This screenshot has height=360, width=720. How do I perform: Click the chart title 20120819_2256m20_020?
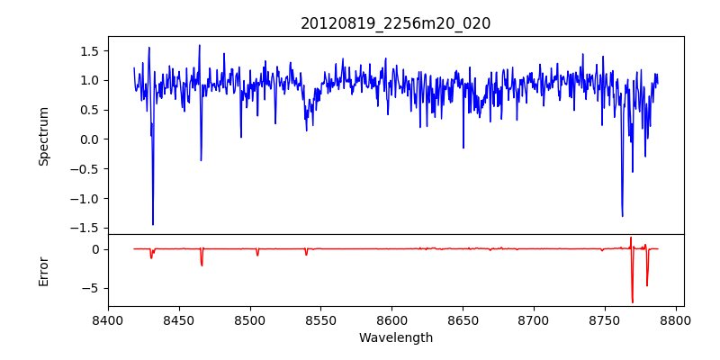(396, 23)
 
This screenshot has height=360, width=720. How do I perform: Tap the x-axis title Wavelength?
(396, 337)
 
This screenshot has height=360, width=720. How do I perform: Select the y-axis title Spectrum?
(43, 136)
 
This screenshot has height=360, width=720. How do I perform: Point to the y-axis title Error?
(43, 271)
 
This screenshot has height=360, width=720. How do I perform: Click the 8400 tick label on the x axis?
(108, 319)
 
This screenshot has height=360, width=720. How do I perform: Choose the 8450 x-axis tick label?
(179, 319)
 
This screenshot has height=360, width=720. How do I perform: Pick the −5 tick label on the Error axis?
(91, 288)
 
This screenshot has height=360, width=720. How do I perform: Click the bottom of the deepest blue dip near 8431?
(153, 224)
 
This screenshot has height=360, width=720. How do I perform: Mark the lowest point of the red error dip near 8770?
(633, 302)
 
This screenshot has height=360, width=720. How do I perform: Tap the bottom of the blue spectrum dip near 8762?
(622, 216)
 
